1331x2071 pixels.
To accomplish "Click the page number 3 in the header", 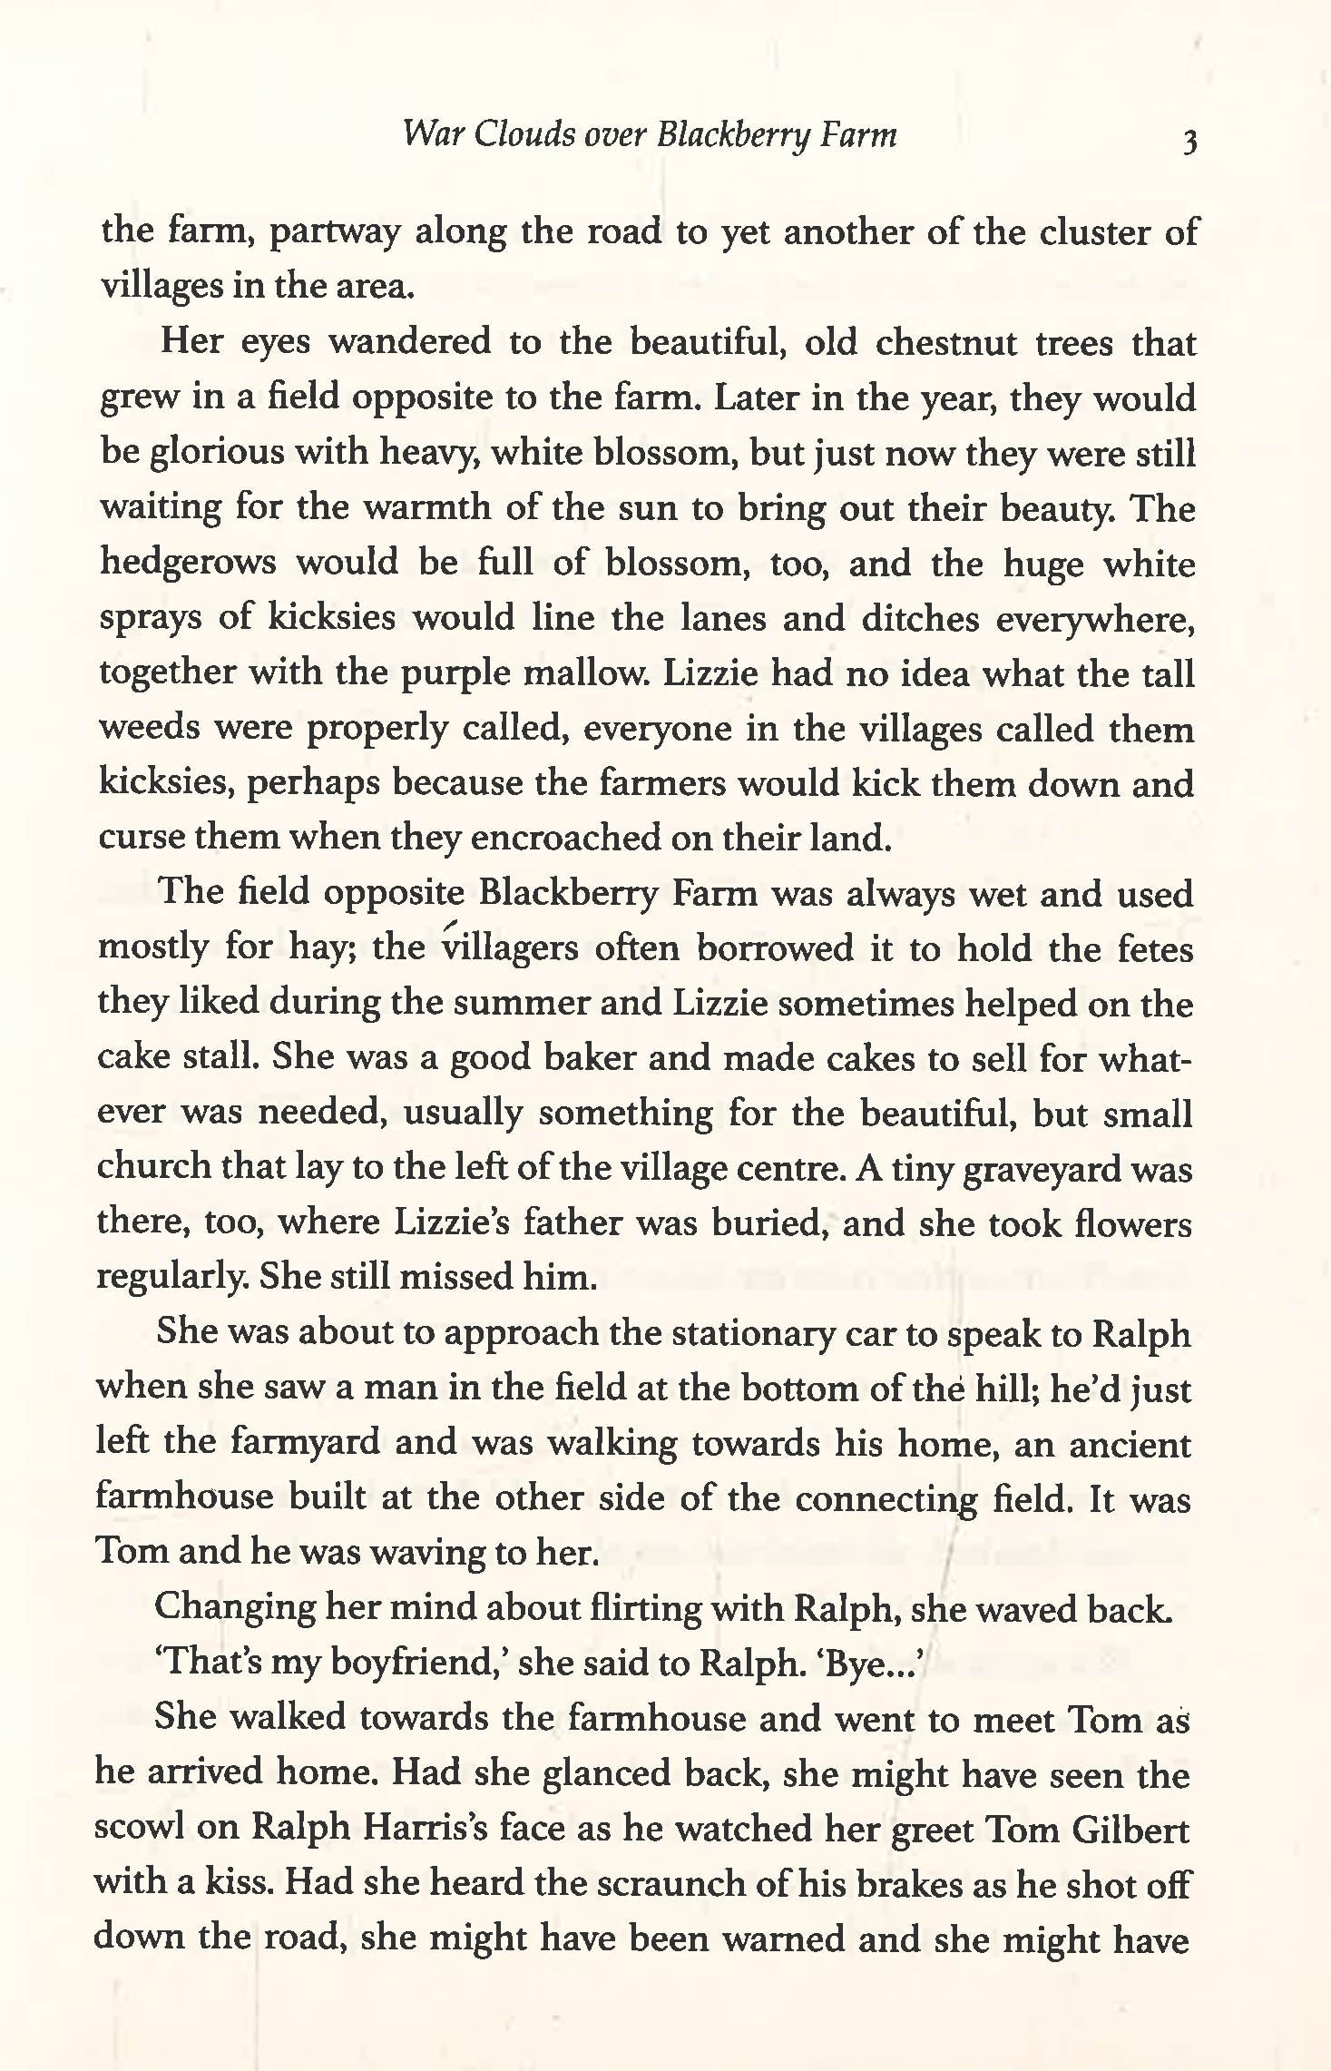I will click(x=1189, y=142).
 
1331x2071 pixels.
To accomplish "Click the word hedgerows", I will click(x=188, y=564).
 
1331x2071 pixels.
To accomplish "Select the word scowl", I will click(x=141, y=1827).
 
